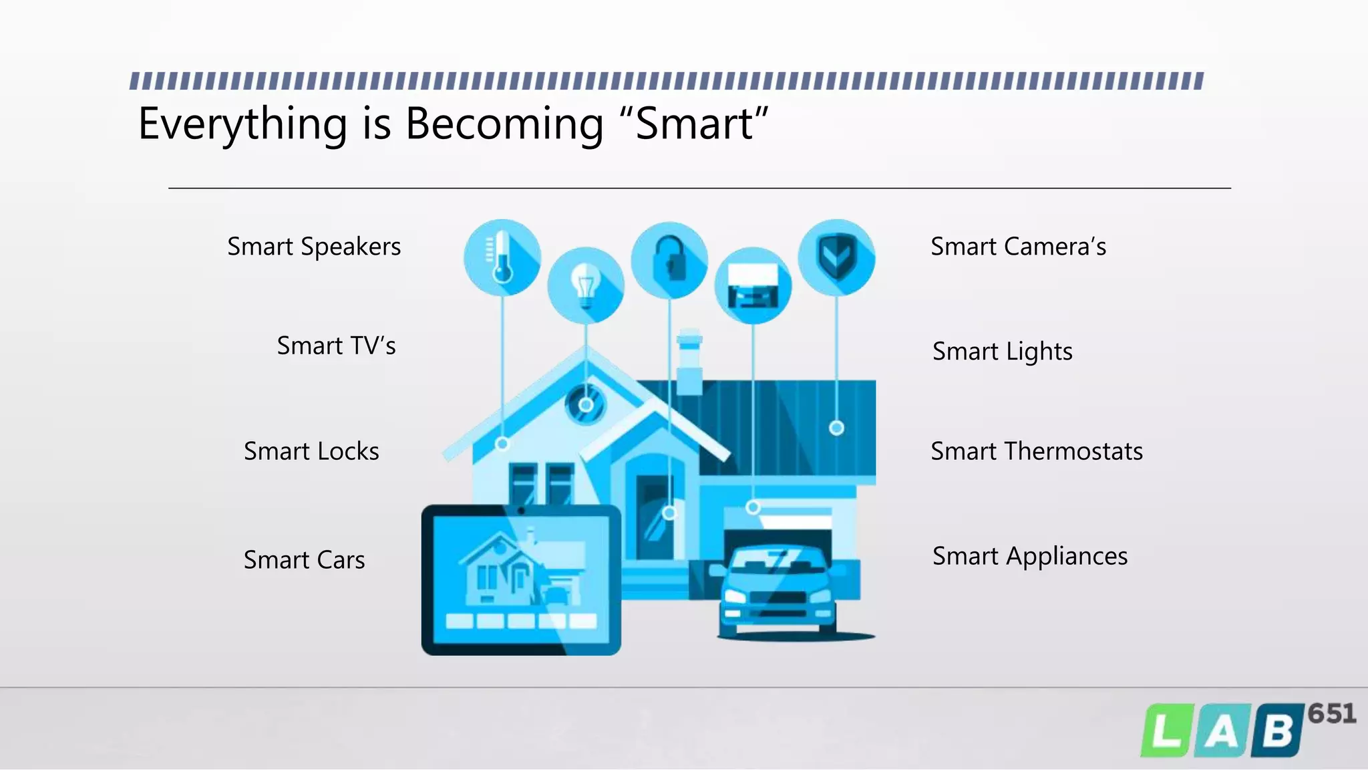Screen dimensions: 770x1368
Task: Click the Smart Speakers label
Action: (x=314, y=247)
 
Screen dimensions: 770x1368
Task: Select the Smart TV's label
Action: (x=336, y=346)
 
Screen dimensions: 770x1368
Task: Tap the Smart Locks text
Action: (x=311, y=451)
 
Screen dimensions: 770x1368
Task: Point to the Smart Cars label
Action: (x=304, y=559)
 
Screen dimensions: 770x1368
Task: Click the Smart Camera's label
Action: (x=1018, y=247)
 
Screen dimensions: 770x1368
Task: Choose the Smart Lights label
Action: (x=1002, y=352)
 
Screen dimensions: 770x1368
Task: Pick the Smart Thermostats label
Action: (x=1036, y=451)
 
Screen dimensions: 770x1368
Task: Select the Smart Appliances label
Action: (x=1029, y=556)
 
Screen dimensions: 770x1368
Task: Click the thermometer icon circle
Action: (x=502, y=257)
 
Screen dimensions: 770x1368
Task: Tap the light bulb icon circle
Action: (x=586, y=285)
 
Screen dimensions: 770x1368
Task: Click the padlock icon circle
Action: (x=669, y=260)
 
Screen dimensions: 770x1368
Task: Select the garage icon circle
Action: (x=753, y=286)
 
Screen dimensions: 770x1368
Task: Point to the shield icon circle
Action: (x=836, y=257)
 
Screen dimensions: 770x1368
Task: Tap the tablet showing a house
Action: (x=521, y=580)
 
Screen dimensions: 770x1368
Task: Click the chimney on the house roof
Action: (x=689, y=361)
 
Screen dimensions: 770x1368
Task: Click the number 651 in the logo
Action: (x=1331, y=714)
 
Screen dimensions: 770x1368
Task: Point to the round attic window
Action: (x=586, y=404)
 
